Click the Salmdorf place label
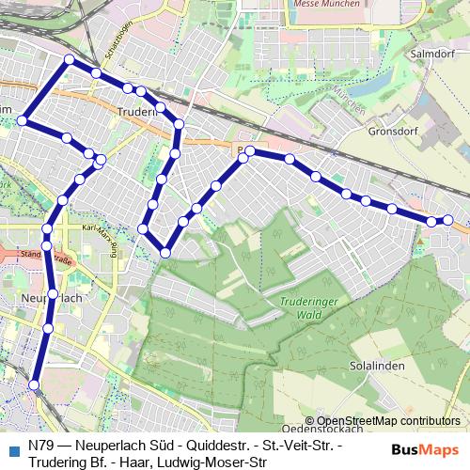click(x=433, y=55)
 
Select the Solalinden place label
click(x=373, y=364)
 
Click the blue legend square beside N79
click(x=13, y=450)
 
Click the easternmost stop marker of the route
click(x=448, y=220)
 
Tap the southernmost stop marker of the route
click(x=35, y=384)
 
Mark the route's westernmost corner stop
click(x=23, y=120)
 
